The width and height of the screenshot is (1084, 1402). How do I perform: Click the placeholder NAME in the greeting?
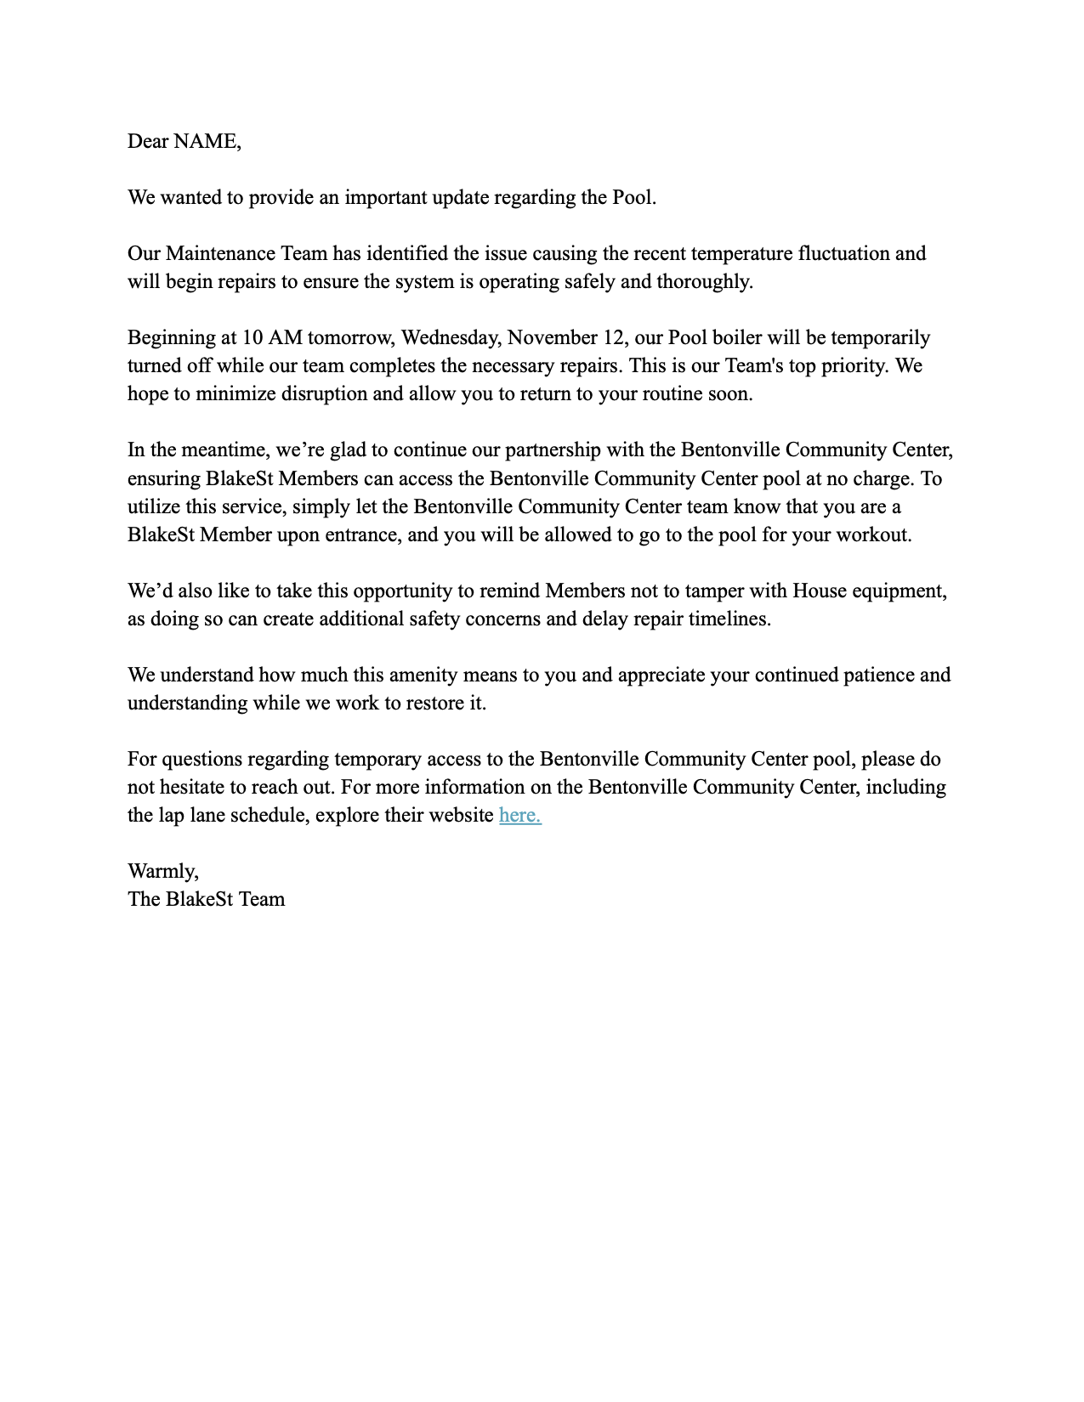205,141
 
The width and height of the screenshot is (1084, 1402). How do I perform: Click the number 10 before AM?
253,337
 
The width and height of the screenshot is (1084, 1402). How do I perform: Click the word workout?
874,534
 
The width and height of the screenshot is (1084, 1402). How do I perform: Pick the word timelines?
729,619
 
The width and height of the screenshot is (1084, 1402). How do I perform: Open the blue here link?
519,815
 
